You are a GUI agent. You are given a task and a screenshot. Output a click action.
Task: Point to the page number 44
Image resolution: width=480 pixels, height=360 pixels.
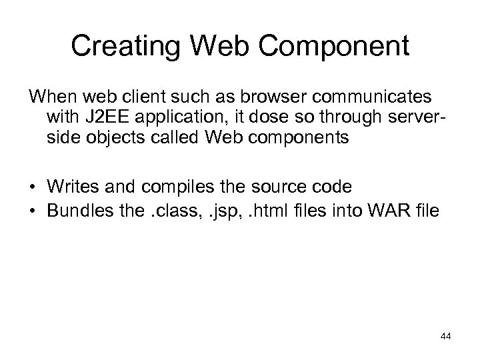(x=445, y=337)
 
